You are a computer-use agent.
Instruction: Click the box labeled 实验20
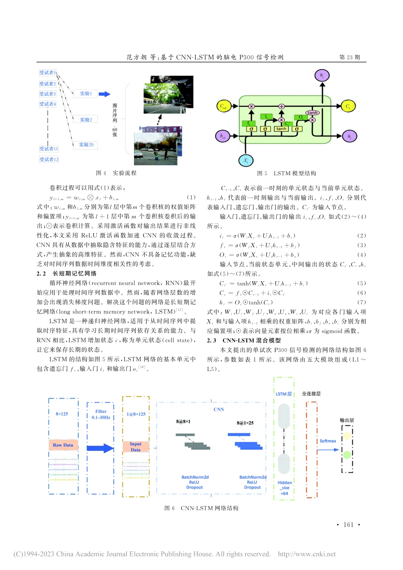click(86, 145)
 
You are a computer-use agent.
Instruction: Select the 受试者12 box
click(49, 159)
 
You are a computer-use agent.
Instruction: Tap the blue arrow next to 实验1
click(104, 94)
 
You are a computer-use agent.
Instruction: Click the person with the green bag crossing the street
click(157, 154)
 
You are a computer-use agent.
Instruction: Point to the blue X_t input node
click(246, 161)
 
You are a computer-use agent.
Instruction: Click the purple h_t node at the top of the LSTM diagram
click(322, 75)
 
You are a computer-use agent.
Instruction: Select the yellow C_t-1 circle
click(223, 106)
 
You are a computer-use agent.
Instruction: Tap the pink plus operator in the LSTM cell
click(281, 106)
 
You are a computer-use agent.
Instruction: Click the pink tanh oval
click(313, 113)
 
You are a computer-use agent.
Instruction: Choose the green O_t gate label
click(300, 117)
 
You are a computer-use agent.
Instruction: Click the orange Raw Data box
click(63, 445)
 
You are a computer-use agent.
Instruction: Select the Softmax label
click(327, 441)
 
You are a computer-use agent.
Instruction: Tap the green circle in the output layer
click(347, 455)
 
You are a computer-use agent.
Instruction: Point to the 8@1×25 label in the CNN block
click(245, 423)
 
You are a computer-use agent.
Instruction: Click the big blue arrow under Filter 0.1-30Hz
click(101, 448)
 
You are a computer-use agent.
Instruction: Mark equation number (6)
click(361, 293)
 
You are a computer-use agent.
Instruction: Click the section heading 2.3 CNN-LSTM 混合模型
click(244, 340)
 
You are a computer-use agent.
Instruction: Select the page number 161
click(348, 525)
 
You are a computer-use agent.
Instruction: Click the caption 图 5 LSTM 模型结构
click(286, 173)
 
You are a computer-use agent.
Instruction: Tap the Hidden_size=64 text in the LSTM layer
click(285, 488)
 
